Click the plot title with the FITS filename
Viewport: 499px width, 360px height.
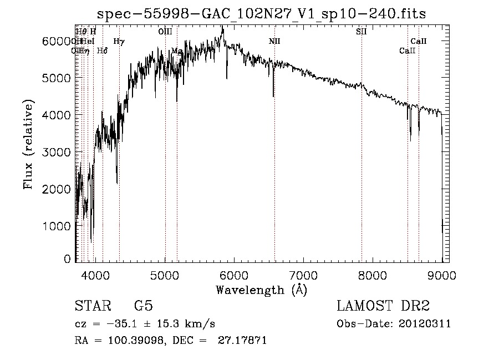[261, 14]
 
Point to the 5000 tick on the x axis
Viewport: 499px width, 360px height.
[165, 274]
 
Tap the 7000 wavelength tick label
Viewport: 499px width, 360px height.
[303, 274]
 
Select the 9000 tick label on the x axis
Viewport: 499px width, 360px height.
[442, 274]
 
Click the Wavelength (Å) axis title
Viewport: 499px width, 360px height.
[261, 290]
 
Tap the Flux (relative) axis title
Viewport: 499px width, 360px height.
[29, 145]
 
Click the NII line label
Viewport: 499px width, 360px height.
[274, 41]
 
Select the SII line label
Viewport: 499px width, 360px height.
[361, 32]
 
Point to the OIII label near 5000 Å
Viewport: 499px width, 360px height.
[165, 32]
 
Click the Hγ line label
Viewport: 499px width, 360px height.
[119, 41]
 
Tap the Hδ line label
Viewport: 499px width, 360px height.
[102, 50]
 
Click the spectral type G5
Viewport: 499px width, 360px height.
[144, 306]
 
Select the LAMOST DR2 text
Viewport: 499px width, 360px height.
[382, 306]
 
